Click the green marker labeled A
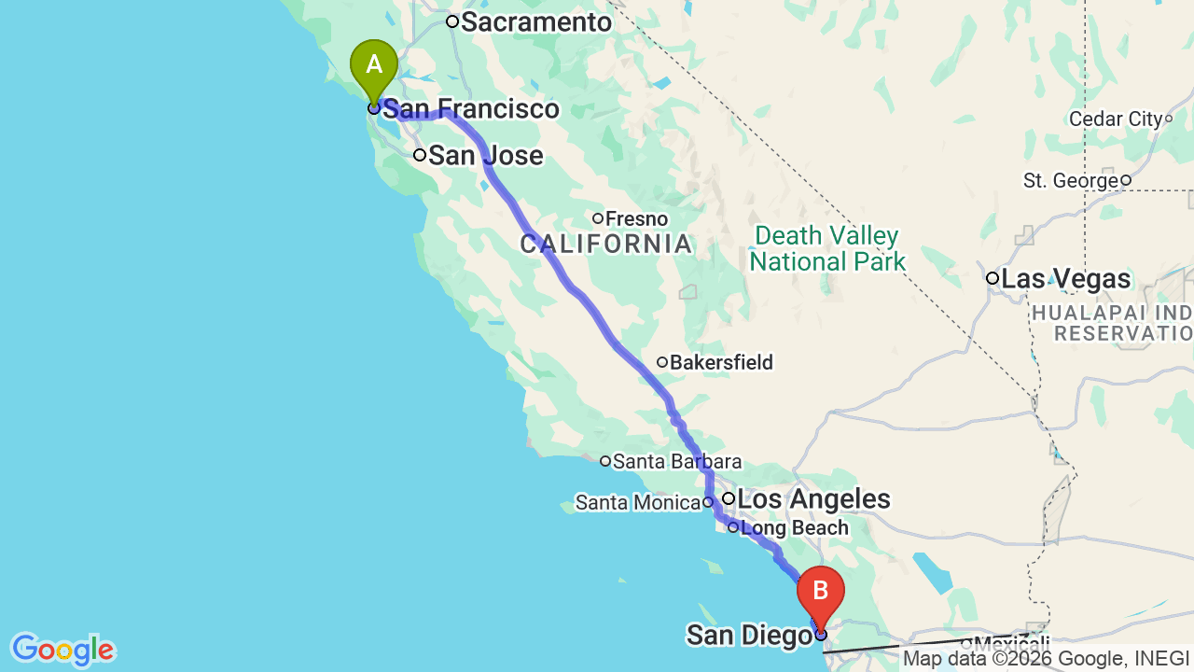coord(374,66)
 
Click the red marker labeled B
coord(821,593)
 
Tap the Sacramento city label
coord(535,21)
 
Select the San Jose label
coord(485,155)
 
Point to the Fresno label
coord(636,219)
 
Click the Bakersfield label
coord(721,362)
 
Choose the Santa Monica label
coord(637,503)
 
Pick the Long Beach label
coord(795,528)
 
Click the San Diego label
coord(748,636)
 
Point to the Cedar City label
coord(1116,119)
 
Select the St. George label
coord(1071,181)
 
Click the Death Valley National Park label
coord(827,248)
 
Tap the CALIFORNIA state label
coord(606,245)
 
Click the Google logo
coord(62,650)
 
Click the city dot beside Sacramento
coord(452,21)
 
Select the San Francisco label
coord(471,109)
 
